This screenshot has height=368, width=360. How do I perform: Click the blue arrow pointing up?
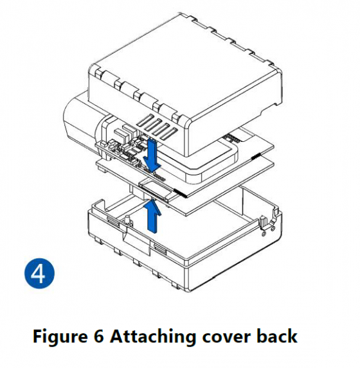[152, 216]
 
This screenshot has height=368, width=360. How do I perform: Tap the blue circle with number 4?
[39, 274]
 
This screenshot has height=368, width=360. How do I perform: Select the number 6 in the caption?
[98, 336]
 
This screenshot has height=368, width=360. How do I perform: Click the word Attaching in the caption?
[153, 337]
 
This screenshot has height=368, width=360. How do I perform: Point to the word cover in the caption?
[226, 337]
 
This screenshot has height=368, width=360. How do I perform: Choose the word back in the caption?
[277, 336]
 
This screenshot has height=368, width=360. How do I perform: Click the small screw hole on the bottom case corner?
[264, 234]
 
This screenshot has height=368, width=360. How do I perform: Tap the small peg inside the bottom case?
[128, 220]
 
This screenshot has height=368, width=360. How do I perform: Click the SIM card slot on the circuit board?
[156, 189]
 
